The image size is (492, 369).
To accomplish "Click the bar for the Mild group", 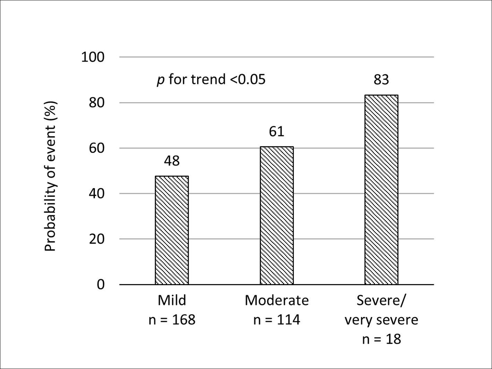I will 172,230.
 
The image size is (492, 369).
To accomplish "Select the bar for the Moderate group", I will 277,215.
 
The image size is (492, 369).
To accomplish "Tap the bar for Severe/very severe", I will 381,190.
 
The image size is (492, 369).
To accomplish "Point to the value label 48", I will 172,161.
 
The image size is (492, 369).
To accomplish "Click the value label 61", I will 277,132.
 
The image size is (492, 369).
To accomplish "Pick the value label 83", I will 381,80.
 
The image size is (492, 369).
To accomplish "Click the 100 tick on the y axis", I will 93,57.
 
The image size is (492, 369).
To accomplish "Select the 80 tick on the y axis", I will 97,103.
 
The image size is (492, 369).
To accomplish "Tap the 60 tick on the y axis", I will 97,148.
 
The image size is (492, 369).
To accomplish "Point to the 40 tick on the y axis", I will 97,194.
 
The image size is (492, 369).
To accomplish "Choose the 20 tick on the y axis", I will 97,239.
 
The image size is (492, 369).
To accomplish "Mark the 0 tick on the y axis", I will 101,285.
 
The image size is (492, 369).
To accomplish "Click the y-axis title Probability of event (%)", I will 51,176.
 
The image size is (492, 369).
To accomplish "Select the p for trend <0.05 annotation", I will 211,80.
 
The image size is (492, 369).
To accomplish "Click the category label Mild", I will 172,300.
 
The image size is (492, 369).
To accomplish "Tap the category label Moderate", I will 277,300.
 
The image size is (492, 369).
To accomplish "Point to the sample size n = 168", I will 172,320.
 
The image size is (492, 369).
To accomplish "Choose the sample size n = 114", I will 277,320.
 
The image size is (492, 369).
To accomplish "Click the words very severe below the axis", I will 381,320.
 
